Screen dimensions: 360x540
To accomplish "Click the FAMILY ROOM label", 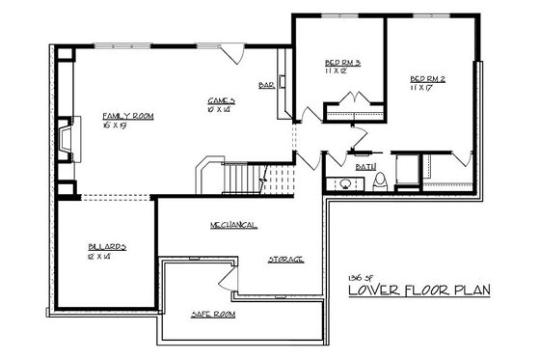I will (128, 115).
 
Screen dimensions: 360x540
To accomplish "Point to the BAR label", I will (267, 85).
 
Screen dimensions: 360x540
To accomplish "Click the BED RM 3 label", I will (343, 64).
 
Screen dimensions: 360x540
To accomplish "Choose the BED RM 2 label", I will (428, 78).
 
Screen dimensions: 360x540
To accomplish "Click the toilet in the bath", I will (381, 180).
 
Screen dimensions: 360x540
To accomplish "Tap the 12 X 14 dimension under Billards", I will (98, 257).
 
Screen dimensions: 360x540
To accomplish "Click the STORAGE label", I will (285, 259).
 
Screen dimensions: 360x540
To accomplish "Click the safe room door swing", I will (227, 281).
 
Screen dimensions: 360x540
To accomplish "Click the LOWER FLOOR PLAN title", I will (420, 290).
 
